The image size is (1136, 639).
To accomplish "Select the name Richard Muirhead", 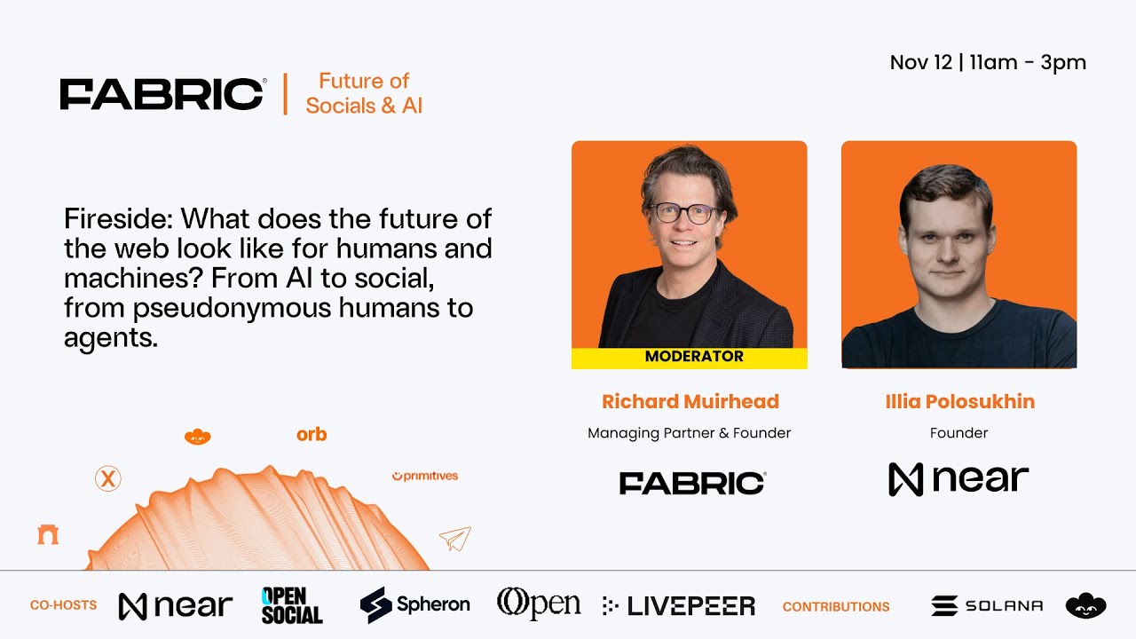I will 690,401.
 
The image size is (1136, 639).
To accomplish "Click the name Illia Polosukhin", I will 959,401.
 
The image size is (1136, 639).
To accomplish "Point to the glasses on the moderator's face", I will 684,213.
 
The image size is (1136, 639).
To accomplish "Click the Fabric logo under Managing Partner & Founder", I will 692,483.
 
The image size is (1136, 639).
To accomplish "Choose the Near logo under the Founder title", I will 958,479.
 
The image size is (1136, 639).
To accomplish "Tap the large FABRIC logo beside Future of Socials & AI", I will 162,94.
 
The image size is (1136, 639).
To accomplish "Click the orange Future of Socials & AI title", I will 364,93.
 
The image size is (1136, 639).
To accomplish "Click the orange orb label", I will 312,434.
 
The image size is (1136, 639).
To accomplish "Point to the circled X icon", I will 108,479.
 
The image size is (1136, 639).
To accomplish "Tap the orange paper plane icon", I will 455,539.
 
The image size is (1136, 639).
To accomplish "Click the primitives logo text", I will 425,477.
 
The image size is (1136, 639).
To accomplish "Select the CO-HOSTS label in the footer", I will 63,605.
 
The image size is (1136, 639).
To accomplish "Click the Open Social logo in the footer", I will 292,605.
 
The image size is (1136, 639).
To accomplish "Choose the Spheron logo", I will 414,604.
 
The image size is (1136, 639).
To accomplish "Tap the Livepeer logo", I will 679,606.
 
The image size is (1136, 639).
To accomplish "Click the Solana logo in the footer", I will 987,605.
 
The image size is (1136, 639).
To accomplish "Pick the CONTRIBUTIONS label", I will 835,607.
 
